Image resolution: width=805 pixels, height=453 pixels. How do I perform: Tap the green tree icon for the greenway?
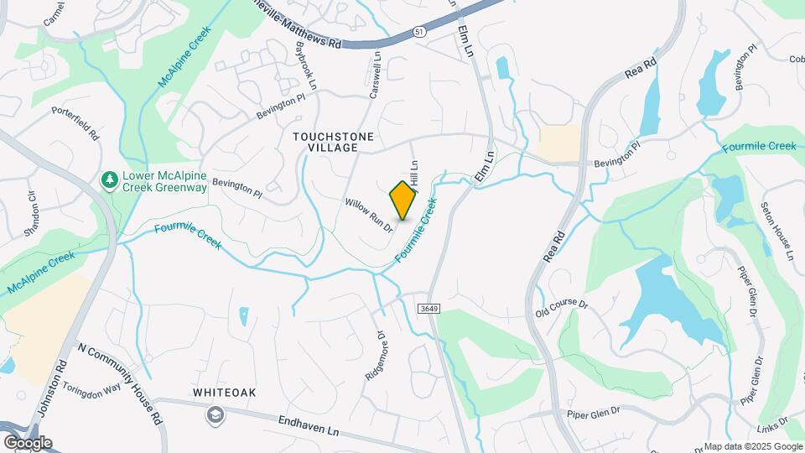[x=109, y=180]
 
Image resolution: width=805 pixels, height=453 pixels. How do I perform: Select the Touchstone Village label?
[x=334, y=141]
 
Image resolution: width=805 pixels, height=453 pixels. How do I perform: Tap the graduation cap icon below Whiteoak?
[x=217, y=414]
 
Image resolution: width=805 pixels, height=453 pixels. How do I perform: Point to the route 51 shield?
[x=418, y=32]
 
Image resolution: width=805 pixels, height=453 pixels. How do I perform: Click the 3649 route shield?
[x=428, y=309]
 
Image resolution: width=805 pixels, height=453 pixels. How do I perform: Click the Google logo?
[x=28, y=443]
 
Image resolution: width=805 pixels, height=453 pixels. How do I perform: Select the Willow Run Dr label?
[x=369, y=215]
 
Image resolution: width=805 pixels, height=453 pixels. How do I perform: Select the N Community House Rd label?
[x=120, y=378]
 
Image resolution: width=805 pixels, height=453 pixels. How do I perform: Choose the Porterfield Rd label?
[x=76, y=122]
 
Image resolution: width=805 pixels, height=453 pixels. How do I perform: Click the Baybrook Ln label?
[x=305, y=66]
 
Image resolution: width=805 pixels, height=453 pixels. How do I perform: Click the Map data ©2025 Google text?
[x=752, y=446]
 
